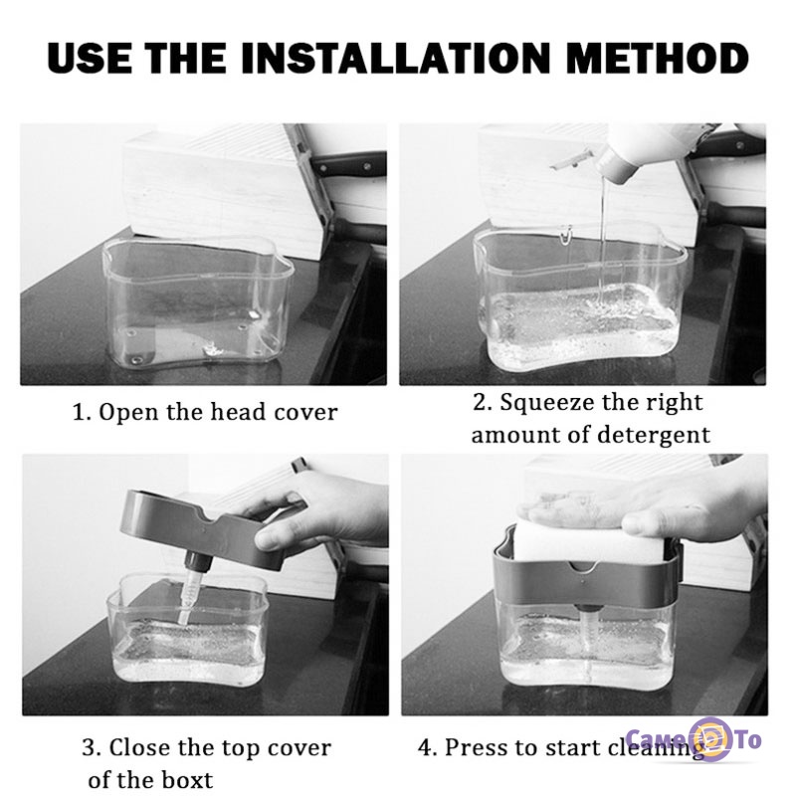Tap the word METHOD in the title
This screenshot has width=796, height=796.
pyautogui.click(x=658, y=58)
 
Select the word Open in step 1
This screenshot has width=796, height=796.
pyautogui.click(x=129, y=412)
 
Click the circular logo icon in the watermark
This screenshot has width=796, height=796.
pyautogui.click(x=712, y=740)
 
